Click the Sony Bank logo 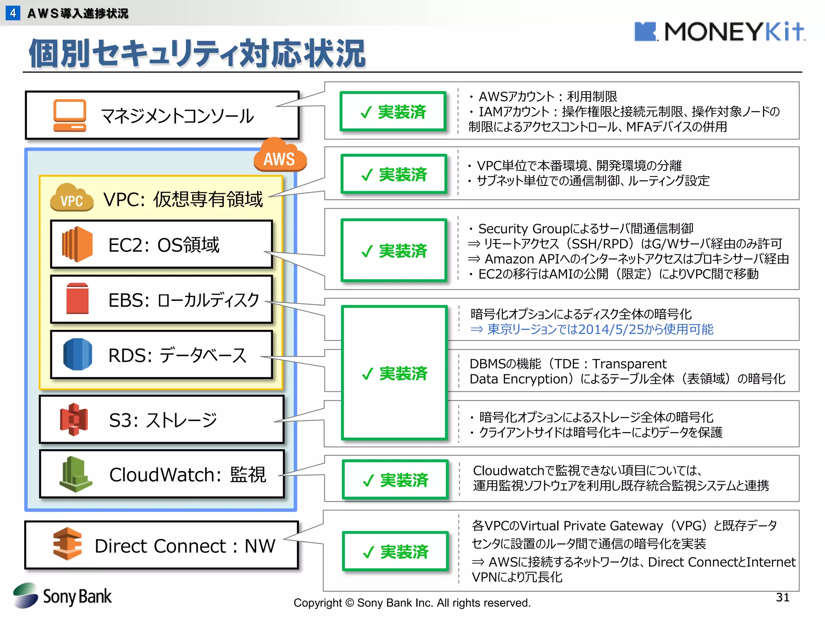(x=62, y=596)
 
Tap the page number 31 (x=782, y=597)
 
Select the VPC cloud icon (x=72, y=198)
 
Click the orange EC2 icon (x=77, y=244)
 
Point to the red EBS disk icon (x=77, y=299)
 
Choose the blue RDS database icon (x=78, y=354)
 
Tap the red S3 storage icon (x=74, y=419)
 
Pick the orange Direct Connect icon (x=67, y=544)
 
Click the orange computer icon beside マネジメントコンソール (x=70, y=115)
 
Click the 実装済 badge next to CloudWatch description (x=395, y=480)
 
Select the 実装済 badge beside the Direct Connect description (x=395, y=551)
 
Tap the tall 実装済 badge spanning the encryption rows (x=394, y=373)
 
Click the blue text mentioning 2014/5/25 (x=592, y=330)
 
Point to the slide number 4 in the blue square (x=13, y=13)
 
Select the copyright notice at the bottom (x=412, y=603)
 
